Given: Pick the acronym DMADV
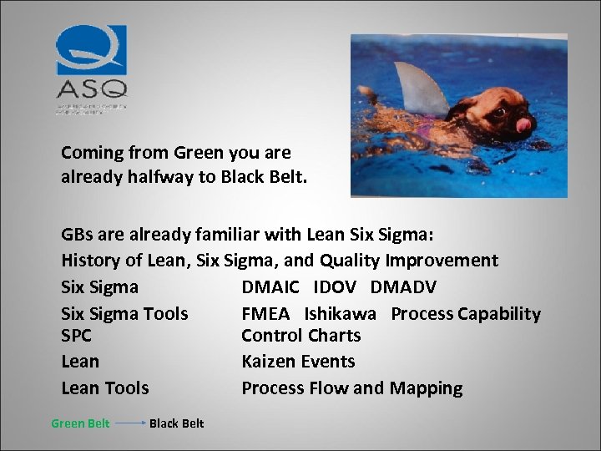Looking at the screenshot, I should (403, 287).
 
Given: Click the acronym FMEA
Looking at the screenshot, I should (265, 314).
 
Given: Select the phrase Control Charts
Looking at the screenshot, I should (300, 336).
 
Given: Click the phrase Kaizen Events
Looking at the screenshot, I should (298, 362).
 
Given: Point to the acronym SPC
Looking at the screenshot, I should (77, 336).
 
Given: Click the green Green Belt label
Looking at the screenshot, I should (80, 423).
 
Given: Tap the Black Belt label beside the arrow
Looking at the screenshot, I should (176, 423).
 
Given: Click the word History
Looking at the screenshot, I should (91, 261).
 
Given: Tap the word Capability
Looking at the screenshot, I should (501, 314).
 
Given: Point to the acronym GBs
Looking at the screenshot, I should (77, 234).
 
